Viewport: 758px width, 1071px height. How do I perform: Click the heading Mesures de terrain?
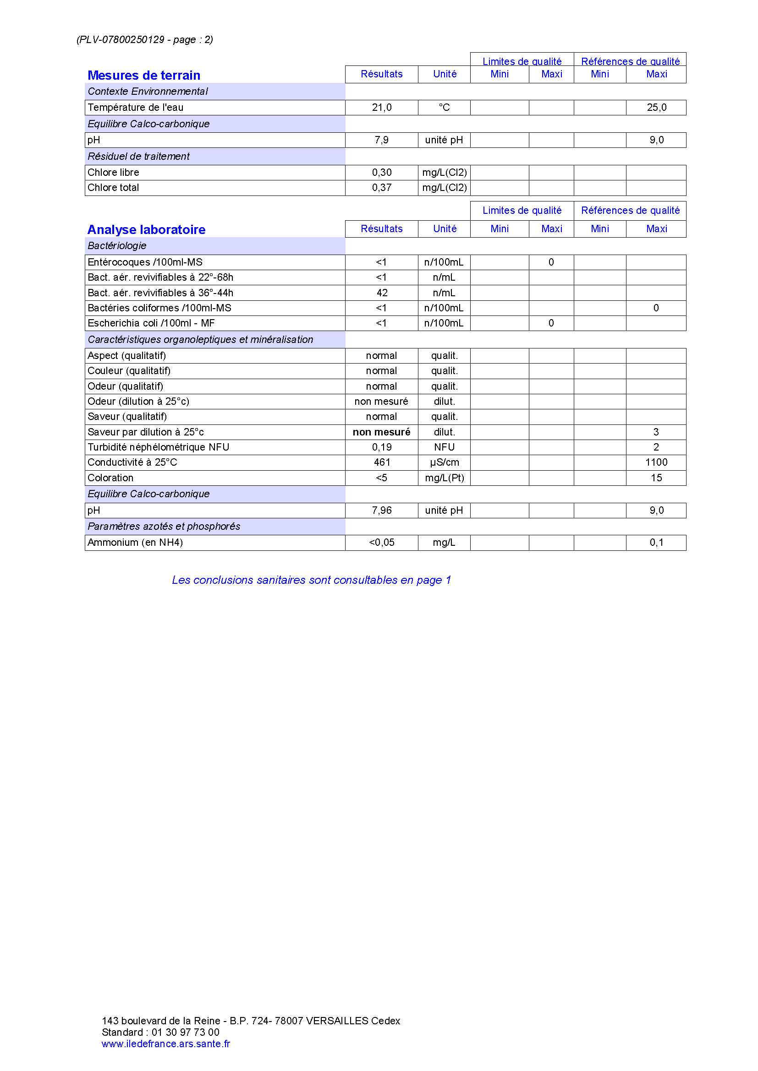click(144, 75)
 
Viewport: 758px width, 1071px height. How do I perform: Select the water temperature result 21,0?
click(381, 107)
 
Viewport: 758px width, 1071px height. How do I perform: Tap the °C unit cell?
click(444, 107)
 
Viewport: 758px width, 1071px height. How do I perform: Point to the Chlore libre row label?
click(113, 172)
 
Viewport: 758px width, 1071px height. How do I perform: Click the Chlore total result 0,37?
click(381, 188)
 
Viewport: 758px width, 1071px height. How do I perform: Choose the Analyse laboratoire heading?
click(146, 229)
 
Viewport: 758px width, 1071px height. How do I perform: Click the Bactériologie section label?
click(117, 246)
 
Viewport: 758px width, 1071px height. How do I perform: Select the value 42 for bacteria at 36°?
click(382, 293)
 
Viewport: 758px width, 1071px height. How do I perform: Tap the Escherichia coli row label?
click(151, 323)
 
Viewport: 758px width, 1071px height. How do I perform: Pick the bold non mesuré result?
click(381, 432)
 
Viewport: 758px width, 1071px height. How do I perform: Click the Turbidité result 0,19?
click(381, 447)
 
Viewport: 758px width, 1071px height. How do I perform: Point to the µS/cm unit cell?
click(444, 462)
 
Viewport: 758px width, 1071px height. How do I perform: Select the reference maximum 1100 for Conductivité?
click(656, 462)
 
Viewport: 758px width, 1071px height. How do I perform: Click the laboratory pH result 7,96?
click(381, 510)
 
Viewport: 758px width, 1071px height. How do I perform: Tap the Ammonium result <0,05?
click(381, 542)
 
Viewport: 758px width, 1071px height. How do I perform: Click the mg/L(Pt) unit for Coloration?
click(444, 478)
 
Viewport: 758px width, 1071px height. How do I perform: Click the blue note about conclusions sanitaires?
click(311, 580)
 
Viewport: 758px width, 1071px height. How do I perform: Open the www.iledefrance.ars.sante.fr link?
click(166, 1044)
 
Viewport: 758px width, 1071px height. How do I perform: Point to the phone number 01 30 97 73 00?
click(185, 1032)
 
